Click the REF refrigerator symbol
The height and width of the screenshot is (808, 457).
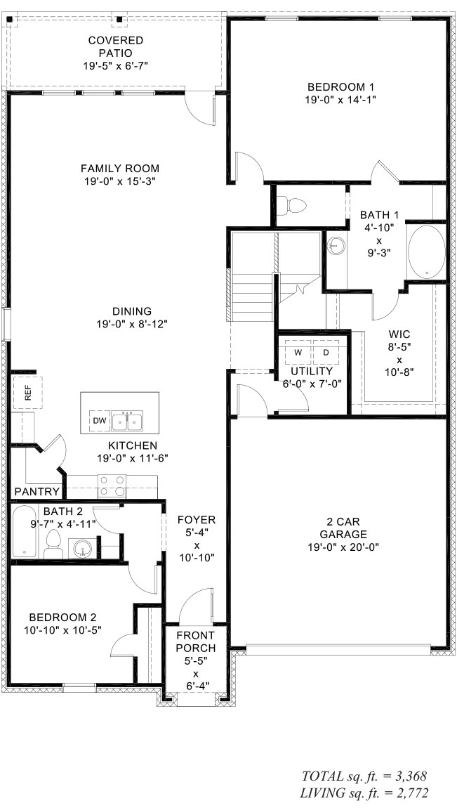coord(28,393)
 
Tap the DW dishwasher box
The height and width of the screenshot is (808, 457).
coord(98,421)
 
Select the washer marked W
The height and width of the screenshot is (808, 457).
coord(298,351)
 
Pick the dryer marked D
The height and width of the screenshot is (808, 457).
coord(326,351)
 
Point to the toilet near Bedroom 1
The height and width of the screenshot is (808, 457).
coord(294,206)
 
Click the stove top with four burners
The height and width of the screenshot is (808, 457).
coord(113,486)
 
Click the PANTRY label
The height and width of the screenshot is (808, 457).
coord(37,491)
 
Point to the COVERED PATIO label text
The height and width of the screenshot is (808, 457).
coord(115,46)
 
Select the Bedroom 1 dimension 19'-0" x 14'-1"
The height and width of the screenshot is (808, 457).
coord(340,100)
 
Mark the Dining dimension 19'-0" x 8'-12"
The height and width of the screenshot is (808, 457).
coord(132,324)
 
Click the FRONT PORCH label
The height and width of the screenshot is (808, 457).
coord(196,641)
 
